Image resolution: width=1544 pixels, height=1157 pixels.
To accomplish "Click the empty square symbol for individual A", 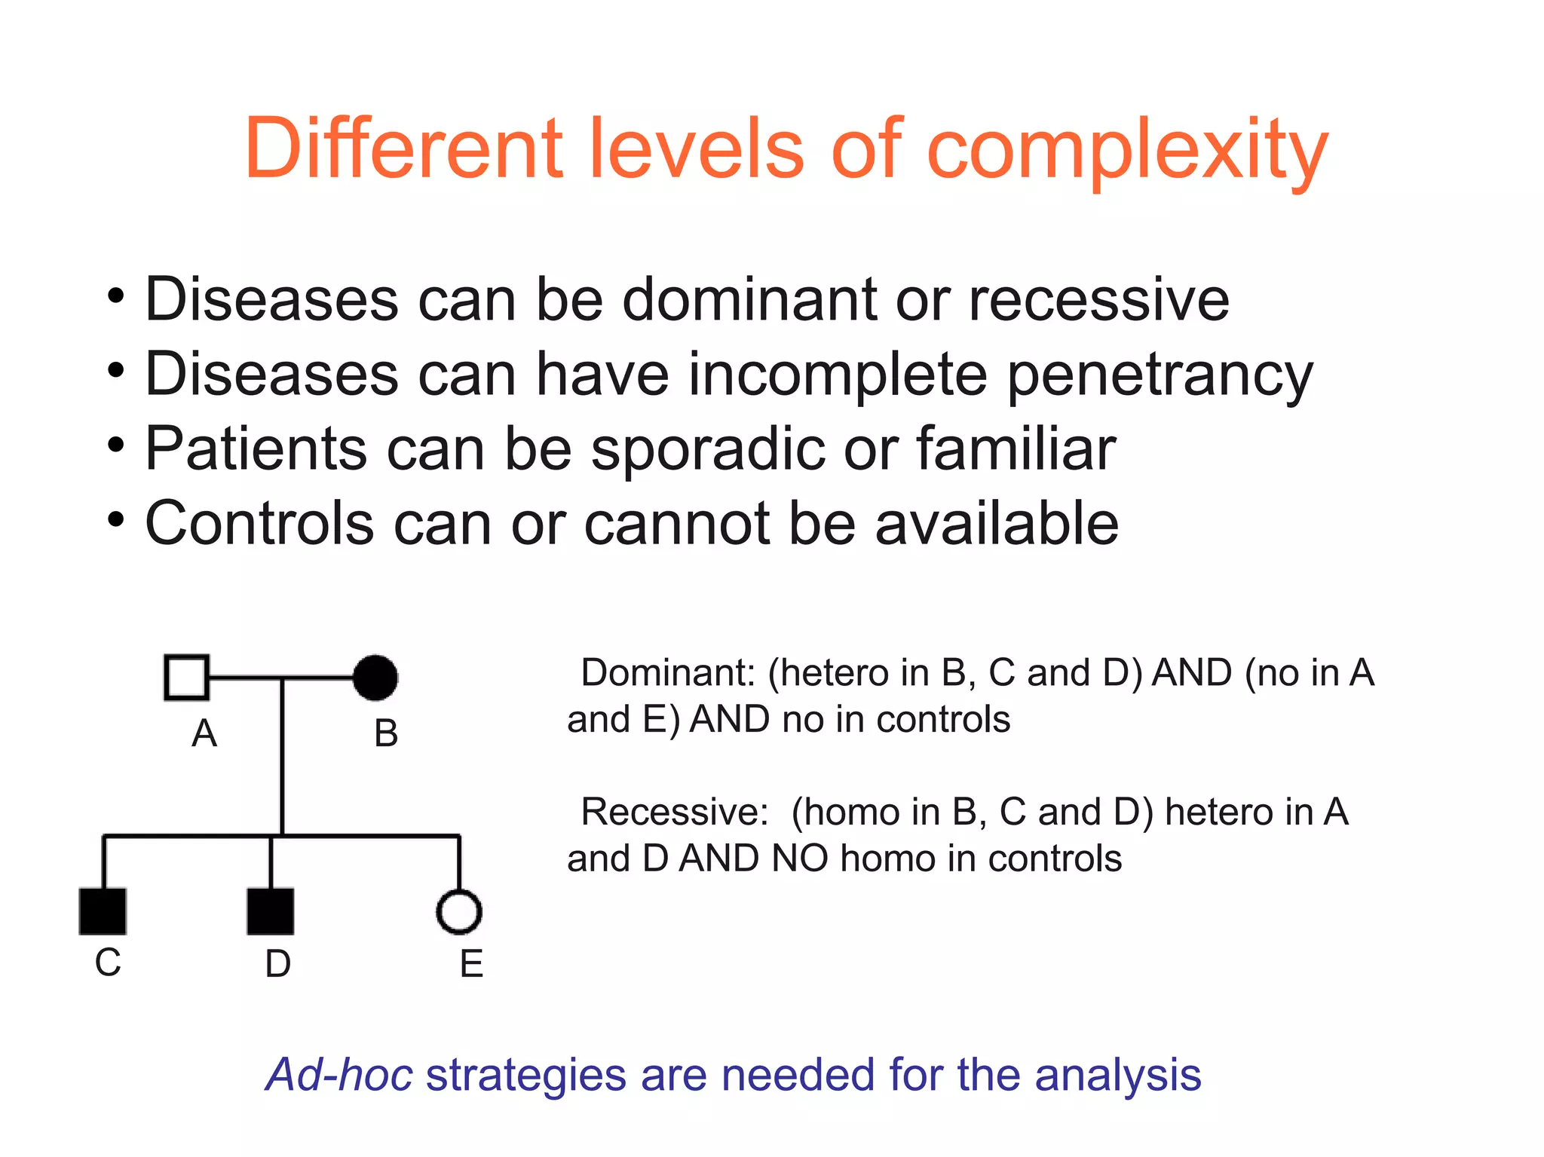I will pos(186,677).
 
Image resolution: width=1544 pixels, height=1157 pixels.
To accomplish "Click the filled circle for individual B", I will pos(375,677).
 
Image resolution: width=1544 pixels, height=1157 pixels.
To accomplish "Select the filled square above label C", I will pos(103,911).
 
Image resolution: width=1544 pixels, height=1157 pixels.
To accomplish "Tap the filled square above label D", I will pos(271,911).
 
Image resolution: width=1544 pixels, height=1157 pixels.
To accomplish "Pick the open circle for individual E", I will pos(459,912).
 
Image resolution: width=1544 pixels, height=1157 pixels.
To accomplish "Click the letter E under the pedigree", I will pos(471,964).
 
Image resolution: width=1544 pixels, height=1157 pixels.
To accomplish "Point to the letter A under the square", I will pos(204,733).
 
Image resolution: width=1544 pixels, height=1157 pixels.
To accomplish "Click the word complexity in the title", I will pos(1126,151).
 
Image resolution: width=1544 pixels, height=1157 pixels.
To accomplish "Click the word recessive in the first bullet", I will pos(1098,299).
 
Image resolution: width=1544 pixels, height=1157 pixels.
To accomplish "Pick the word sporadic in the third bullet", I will pos(708,449).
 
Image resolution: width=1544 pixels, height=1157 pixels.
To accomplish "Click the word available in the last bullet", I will pos(997,523).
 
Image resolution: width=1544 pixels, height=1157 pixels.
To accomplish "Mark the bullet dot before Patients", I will pos(115,445).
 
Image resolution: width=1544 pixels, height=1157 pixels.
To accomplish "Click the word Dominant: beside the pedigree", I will pos(668,672).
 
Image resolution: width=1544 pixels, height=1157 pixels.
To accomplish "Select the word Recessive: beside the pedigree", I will pos(674,812).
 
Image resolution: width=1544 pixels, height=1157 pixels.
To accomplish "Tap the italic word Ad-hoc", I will pos(340,1074).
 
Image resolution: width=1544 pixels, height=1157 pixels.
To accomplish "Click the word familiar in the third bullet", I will pos(1016,449).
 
